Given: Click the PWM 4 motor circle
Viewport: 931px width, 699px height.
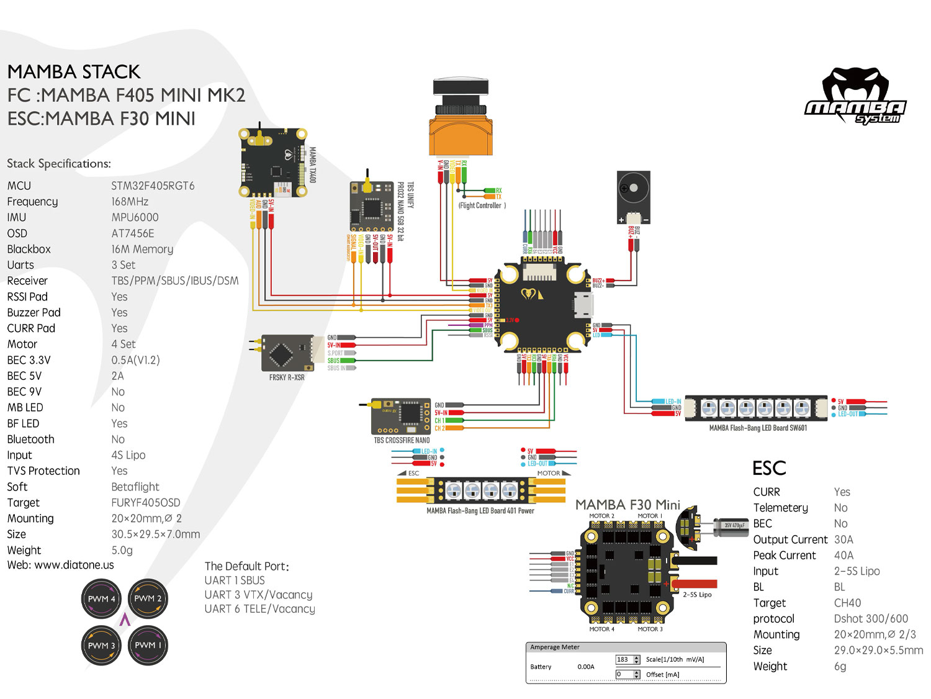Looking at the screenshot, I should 101,599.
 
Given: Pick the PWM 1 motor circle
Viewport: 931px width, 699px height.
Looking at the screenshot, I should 148,645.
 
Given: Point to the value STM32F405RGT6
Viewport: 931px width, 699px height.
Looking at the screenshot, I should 153,186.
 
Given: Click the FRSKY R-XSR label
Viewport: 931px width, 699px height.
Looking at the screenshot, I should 287,377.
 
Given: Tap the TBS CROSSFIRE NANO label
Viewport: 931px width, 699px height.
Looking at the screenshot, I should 402,440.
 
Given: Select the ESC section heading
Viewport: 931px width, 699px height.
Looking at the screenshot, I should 769,468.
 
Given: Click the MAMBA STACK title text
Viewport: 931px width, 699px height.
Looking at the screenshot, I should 74,72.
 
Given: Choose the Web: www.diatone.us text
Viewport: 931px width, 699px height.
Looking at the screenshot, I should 61,565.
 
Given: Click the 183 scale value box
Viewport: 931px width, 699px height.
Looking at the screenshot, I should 623,659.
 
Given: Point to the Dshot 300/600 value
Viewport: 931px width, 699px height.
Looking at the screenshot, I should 871,619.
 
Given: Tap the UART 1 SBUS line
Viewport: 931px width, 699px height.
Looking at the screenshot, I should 235,580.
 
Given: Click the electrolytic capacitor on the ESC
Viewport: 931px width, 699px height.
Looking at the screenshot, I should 732,526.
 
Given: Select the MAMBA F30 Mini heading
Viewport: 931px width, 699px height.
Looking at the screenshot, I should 627,505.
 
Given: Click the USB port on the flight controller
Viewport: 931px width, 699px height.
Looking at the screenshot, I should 584,305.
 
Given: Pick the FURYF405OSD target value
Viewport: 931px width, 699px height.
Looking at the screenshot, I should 146,503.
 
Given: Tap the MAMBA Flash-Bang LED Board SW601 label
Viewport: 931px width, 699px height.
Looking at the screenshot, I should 758,428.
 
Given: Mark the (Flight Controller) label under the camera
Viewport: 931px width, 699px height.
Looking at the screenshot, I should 482,205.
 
